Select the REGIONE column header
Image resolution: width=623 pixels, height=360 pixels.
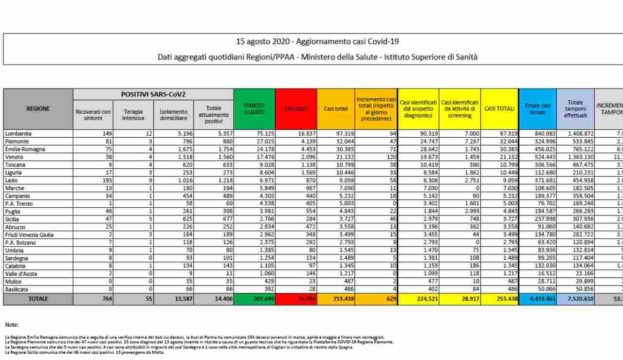tap(38, 108)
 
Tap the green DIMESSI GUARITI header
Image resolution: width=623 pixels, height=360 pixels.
tap(254, 108)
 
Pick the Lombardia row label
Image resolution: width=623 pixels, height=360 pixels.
tap(18, 133)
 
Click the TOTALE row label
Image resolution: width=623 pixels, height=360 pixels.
tap(38, 299)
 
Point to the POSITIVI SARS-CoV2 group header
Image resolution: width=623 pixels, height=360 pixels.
tap(153, 94)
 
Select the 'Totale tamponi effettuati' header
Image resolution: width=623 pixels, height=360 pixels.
tap(575, 109)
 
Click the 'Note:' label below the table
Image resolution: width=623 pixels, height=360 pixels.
tap(12, 324)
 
